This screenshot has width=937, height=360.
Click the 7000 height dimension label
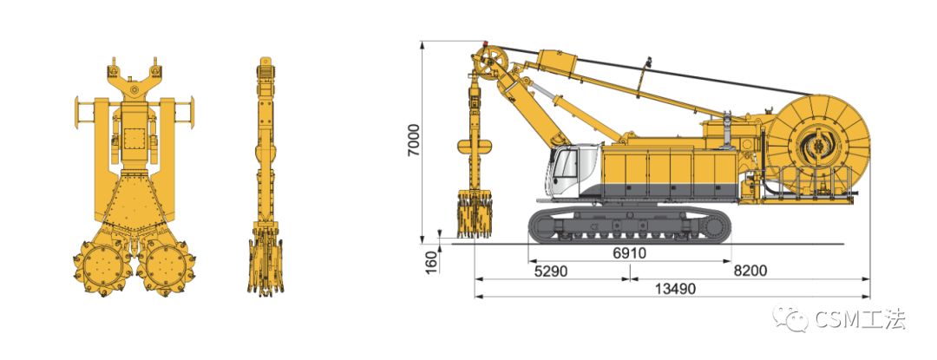click(414, 141)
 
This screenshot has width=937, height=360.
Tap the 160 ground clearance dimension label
click(431, 262)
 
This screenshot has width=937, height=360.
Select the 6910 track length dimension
click(629, 253)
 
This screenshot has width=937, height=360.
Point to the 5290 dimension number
click(550, 271)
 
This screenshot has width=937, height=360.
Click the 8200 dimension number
click(750, 271)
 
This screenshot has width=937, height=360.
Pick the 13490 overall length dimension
click(675, 289)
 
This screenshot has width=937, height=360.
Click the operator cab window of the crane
click(565, 164)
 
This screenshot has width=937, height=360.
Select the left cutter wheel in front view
click(102, 267)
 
